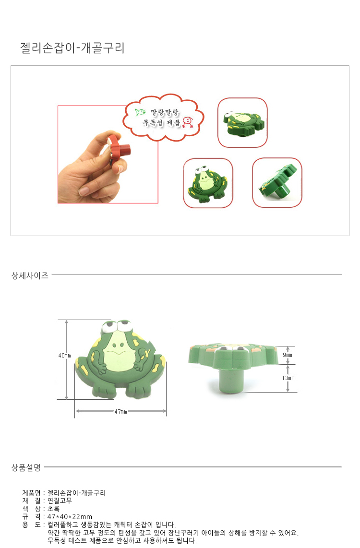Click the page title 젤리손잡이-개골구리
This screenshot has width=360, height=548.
point(72,48)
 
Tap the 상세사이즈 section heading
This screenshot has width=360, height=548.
point(30,276)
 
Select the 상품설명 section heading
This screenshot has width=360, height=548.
point(26,467)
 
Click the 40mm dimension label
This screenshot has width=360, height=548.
point(64,356)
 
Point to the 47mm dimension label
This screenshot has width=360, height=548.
point(120,412)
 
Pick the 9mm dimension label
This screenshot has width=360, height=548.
point(288,355)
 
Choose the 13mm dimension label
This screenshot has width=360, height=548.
point(288,378)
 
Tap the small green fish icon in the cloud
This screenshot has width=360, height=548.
point(140,112)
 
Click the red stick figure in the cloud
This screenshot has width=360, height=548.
point(188,122)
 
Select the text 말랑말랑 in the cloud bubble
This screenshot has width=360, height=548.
point(165,113)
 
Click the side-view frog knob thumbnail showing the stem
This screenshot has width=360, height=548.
point(277,183)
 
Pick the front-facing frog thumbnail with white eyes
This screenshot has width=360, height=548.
point(208,183)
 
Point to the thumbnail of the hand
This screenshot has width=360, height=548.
point(108,154)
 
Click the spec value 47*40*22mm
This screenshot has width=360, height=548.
point(70,516)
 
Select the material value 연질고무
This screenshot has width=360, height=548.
point(60,500)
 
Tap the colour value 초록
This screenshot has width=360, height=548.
point(53,509)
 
